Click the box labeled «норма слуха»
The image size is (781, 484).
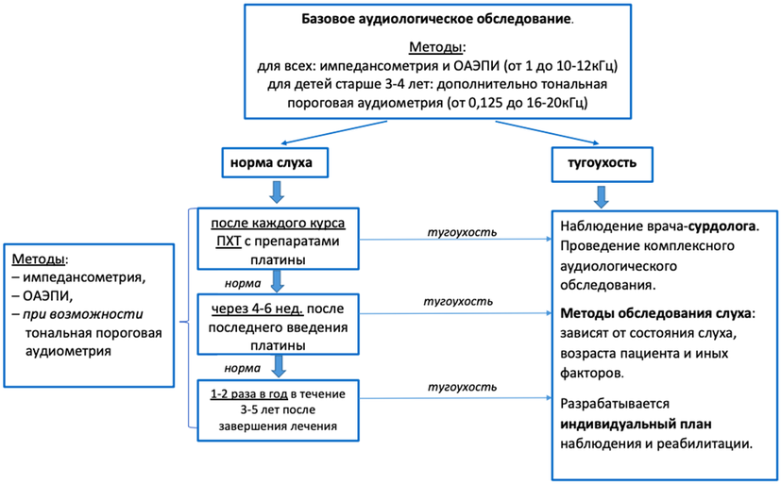(275, 162)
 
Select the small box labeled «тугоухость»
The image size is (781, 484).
(603, 163)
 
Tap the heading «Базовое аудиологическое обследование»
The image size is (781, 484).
(436, 20)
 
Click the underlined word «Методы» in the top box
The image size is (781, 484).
(435, 47)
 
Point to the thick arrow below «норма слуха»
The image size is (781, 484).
(277, 192)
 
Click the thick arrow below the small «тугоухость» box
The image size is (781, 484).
(602, 197)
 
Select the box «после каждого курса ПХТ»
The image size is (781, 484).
(279, 240)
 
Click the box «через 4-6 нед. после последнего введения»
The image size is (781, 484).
(279, 325)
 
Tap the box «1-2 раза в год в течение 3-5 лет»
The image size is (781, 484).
(279, 410)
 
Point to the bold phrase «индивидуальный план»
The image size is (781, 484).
(637, 425)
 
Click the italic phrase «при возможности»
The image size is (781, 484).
(83, 314)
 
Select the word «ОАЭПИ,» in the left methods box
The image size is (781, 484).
(48, 296)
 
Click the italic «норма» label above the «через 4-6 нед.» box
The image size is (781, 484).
(243, 283)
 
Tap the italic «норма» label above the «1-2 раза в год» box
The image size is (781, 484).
(243, 368)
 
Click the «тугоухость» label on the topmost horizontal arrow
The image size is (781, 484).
(462, 232)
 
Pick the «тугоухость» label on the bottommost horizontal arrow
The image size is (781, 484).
(462, 387)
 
